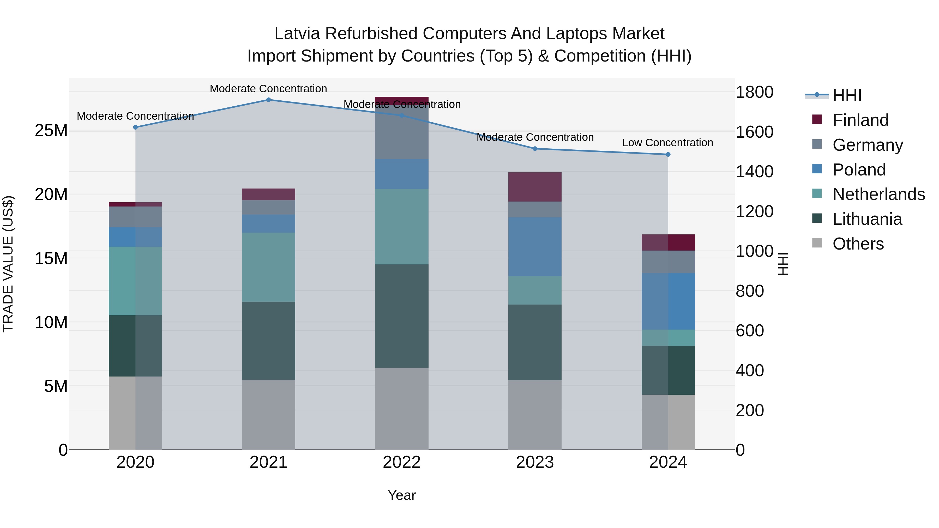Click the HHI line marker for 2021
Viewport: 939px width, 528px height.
[x=268, y=100]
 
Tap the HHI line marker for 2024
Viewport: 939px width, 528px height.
[x=668, y=155]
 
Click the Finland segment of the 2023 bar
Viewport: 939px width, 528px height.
[x=535, y=187]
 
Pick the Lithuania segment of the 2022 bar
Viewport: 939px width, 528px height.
[x=402, y=316]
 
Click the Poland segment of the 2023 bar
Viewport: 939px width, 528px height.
[x=535, y=247]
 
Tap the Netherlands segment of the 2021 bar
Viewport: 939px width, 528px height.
[x=268, y=267]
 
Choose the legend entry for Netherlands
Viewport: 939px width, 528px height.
[x=878, y=194]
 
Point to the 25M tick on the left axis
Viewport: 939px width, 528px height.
[x=51, y=130]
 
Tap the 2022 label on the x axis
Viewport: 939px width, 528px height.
[x=402, y=462]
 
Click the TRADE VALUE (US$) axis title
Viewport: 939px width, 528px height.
[x=8, y=264]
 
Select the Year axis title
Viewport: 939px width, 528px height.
[x=402, y=495]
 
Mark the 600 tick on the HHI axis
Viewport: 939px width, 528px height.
[x=749, y=331]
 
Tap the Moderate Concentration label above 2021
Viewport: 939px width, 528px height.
[x=268, y=89]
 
